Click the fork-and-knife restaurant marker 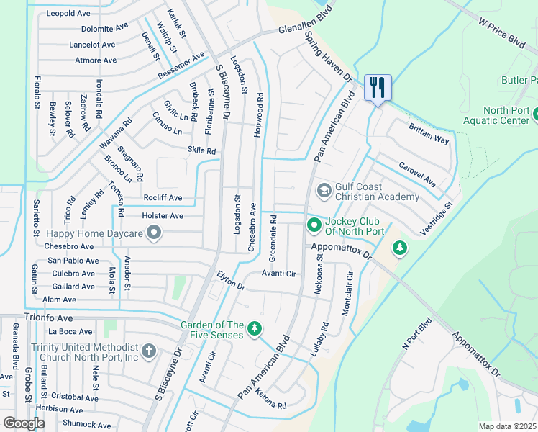pos(378,88)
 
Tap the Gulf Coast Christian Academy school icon pos(324,190)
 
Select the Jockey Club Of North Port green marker pos(314,226)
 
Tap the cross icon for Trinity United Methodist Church pos(148,351)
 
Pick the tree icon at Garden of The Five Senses pos(254,329)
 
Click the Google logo pos(24,423)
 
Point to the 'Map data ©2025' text pos(508,426)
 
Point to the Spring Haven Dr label pos(330,57)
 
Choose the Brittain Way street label pos(428,133)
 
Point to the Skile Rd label pos(201,151)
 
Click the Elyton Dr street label pos(231,281)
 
